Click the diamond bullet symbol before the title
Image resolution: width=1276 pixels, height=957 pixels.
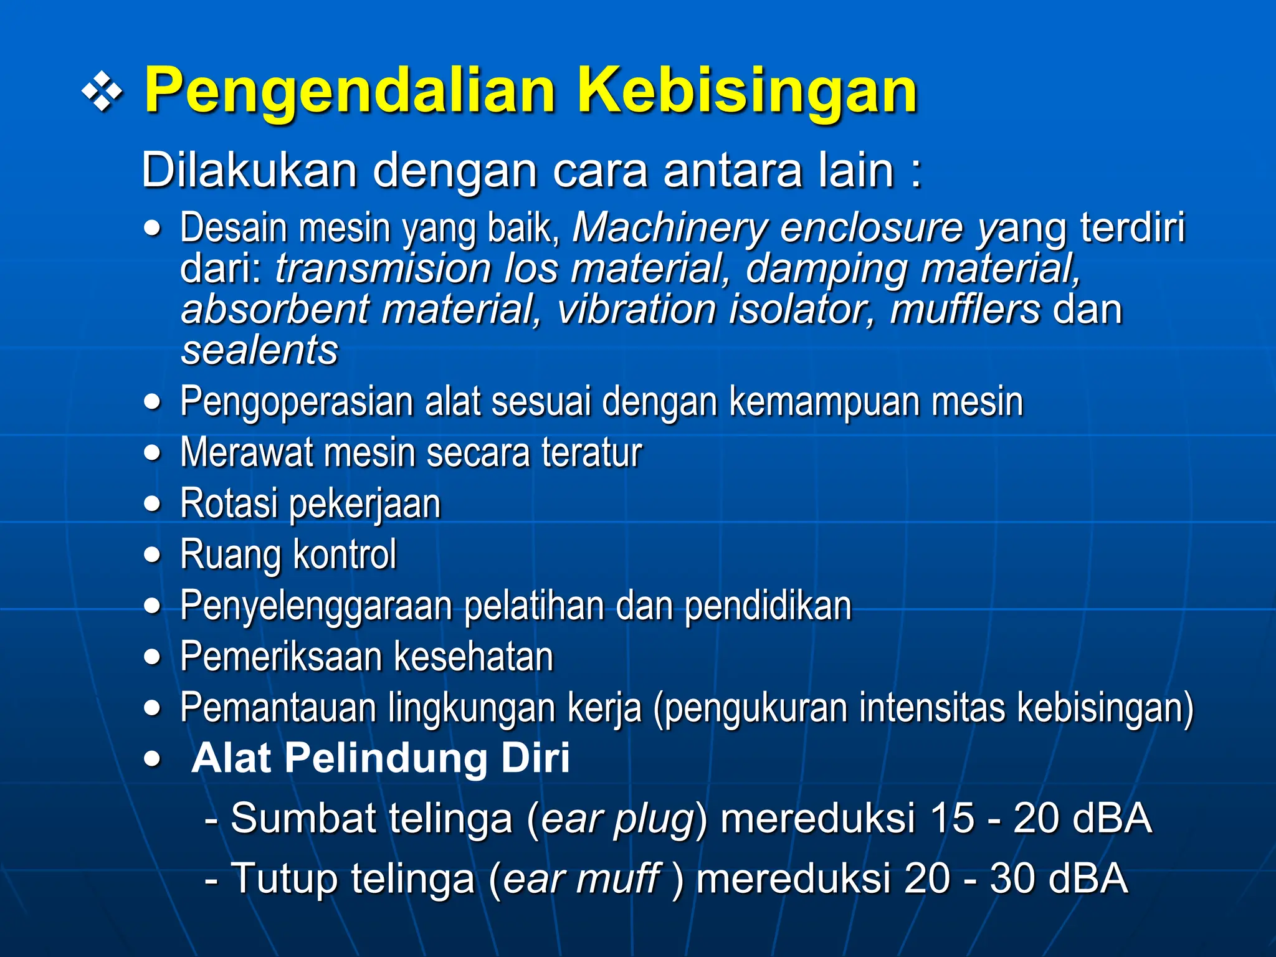(102, 93)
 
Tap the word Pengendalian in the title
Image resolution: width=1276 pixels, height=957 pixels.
(350, 92)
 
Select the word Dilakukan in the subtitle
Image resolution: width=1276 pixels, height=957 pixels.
(249, 169)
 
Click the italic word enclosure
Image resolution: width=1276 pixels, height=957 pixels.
(871, 227)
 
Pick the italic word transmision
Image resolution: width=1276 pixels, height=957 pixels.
(383, 269)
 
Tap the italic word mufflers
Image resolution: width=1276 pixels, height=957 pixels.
(964, 310)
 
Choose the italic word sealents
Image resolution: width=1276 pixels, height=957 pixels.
(259, 350)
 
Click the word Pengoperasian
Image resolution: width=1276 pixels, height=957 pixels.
(297, 402)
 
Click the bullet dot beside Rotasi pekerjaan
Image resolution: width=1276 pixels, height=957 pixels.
(152, 503)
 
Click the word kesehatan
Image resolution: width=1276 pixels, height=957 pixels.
(474, 657)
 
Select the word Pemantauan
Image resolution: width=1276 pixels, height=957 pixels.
(277, 708)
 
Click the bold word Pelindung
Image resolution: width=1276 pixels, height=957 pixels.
(387, 758)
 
